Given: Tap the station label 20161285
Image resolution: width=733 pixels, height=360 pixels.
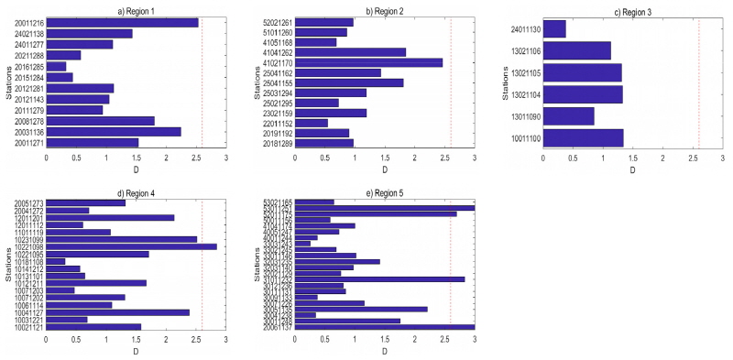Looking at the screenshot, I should click(x=24, y=66).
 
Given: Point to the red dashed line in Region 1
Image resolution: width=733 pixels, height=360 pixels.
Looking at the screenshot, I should click(x=202, y=82).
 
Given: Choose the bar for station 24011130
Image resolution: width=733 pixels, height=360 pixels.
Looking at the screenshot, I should click(x=554, y=29).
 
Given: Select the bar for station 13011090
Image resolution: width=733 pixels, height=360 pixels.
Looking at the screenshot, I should click(x=568, y=115).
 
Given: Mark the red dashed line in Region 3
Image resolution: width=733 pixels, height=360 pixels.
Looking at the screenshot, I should click(x=699, y=82).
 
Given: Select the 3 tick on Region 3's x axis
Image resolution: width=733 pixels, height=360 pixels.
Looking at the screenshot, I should click(x=723, y=158).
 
